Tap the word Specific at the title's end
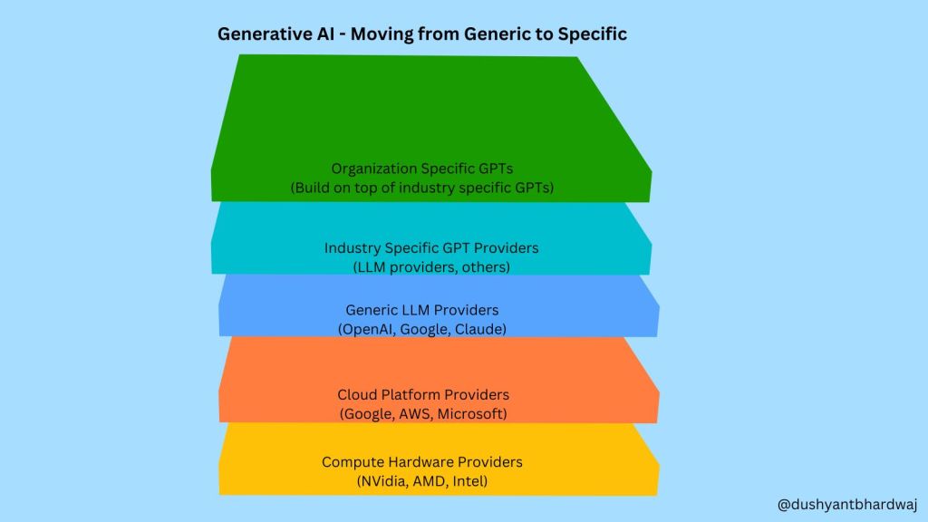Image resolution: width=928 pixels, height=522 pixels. pos(594,34)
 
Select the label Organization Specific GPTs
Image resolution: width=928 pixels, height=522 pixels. pos(421,169)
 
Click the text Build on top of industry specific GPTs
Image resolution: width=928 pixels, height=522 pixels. pos(421,188)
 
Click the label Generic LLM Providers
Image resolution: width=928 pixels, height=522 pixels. pos(422,310)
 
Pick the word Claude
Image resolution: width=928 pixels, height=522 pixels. pos(480,329)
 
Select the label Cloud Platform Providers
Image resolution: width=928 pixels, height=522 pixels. pos(423,395)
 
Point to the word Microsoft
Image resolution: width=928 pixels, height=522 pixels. pos(471,414)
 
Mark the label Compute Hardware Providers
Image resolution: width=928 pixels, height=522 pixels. pos(422,462)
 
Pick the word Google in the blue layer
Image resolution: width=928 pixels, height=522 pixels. pos(426,329)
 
